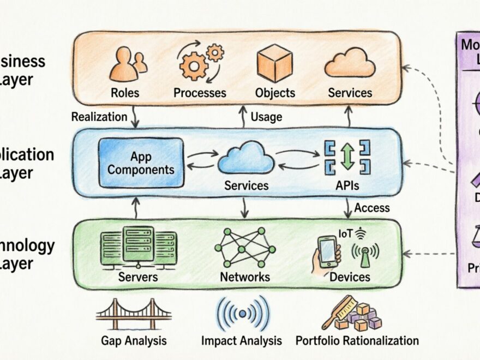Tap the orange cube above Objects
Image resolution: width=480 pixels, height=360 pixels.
tap(274, 63)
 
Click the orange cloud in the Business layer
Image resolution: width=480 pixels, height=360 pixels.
tap(350, 63)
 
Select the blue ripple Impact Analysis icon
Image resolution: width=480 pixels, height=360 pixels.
tap(243, 313)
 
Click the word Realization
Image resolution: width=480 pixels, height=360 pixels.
tap(99, 117)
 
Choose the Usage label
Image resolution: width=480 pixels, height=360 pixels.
tap(266, 117)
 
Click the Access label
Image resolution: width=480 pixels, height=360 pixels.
tap(372, 207)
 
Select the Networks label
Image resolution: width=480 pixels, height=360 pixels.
tap(245, 277)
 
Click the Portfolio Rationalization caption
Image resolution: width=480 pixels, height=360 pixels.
tap(357, 341)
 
